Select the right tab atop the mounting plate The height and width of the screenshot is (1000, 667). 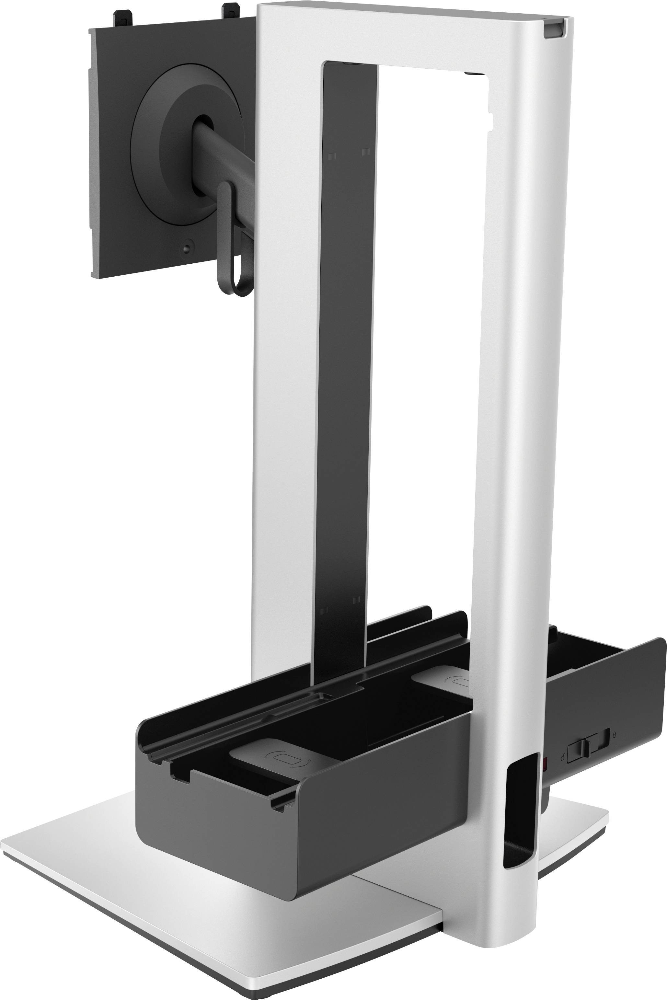[x=231, y=11]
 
